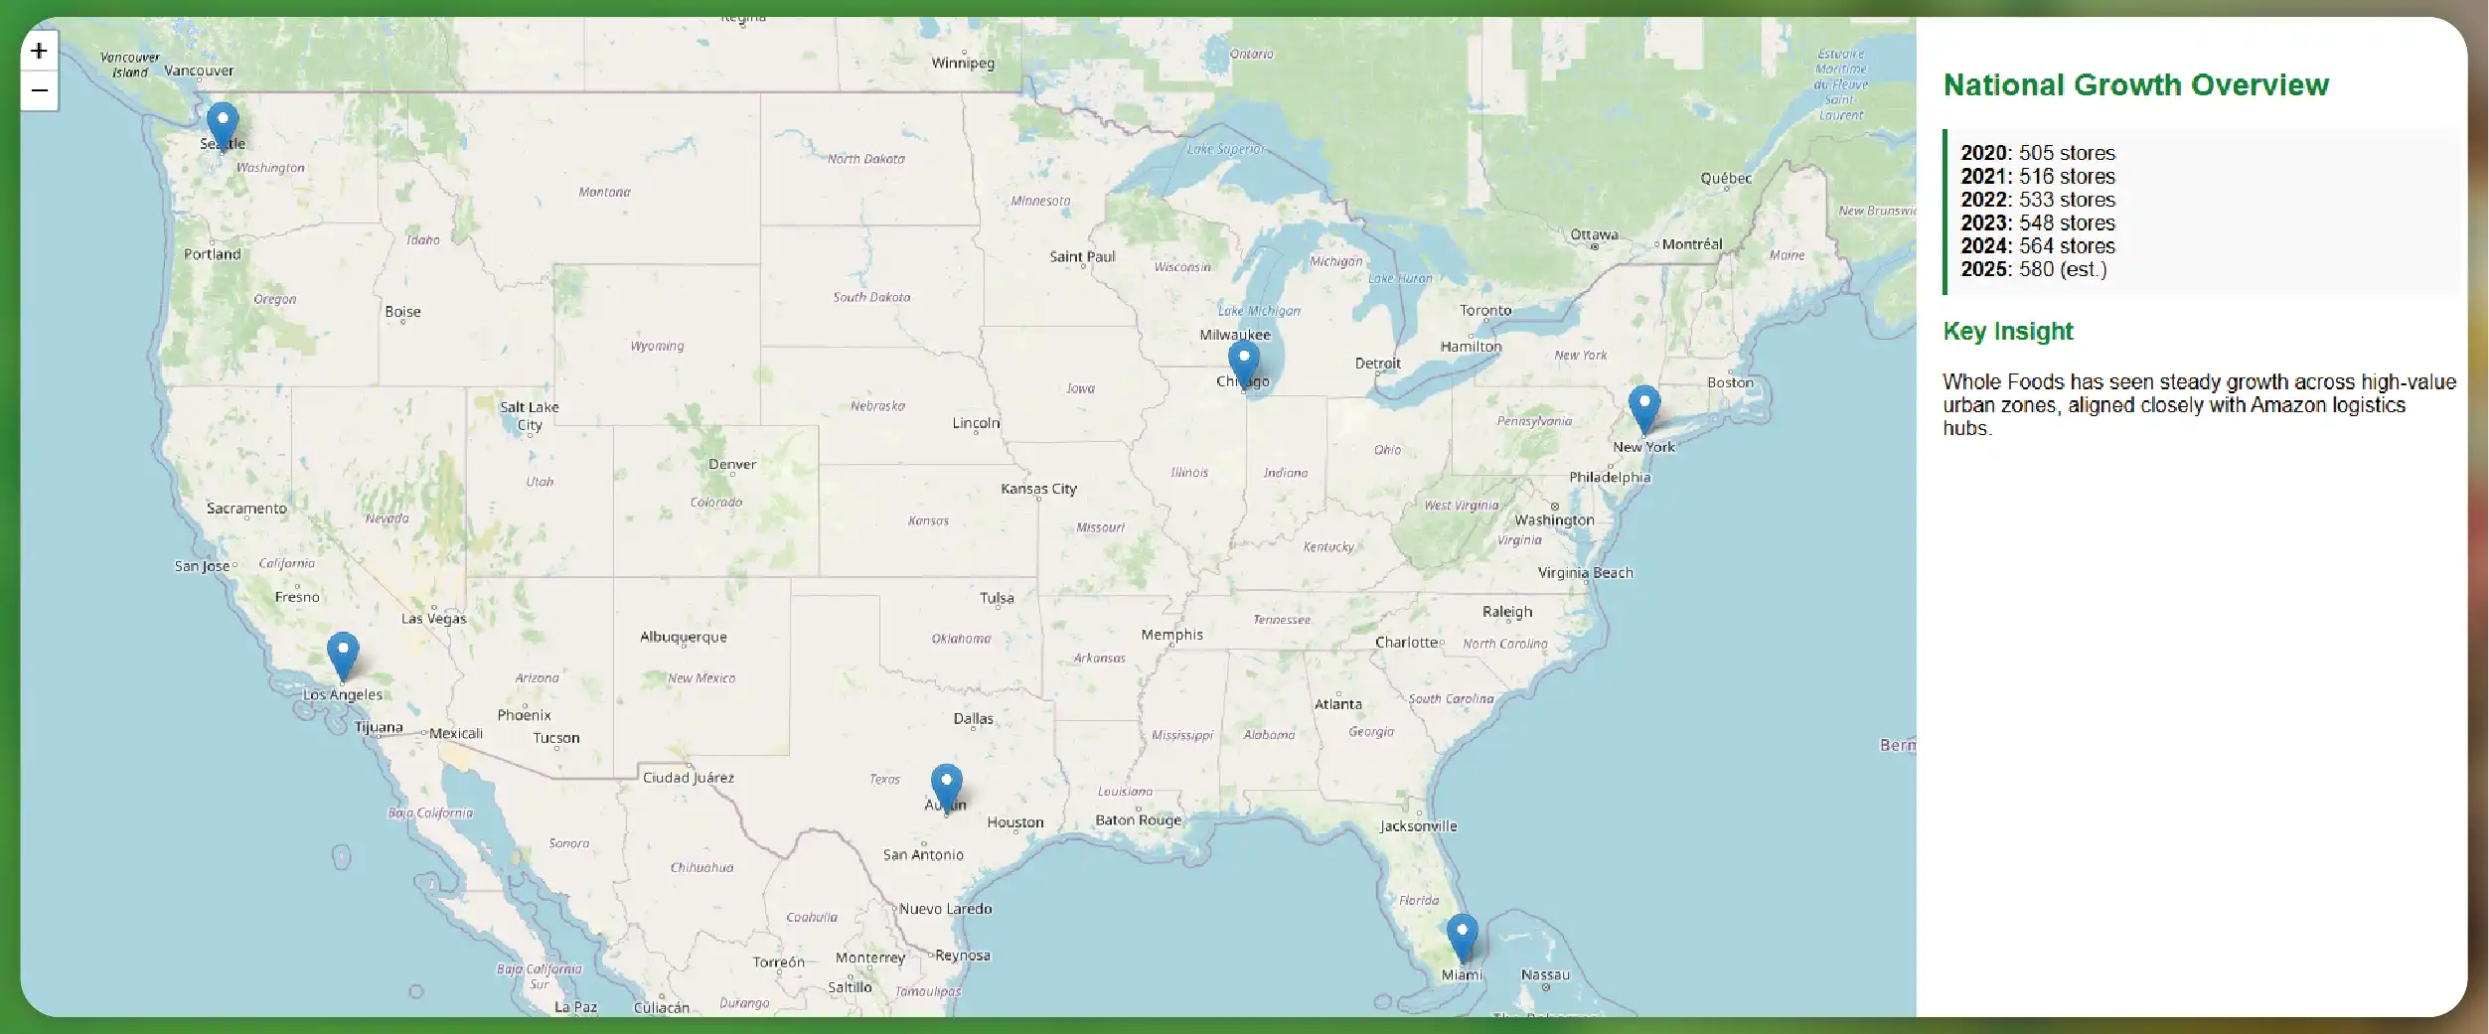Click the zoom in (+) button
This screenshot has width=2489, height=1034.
point(39,51)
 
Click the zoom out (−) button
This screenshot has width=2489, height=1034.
point(39,90)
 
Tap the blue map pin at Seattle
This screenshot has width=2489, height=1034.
point(223,125)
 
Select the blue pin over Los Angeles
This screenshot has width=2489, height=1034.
point(343,654)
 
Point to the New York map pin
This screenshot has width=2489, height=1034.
point(1644,407)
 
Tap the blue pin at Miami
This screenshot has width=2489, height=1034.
point(1462,936)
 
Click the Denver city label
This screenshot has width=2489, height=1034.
point(732,464)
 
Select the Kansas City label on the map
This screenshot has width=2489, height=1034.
point(1038,489)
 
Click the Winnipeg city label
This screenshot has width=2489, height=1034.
point(962,63)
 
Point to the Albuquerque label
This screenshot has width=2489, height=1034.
point(684,637)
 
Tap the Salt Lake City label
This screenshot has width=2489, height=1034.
point(530,415)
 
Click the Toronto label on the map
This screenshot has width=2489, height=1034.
point(1485,310)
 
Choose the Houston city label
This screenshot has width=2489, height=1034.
point(1014,822)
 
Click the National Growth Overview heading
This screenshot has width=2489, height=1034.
point(2135,85)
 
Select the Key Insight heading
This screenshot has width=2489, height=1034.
point(2008,332)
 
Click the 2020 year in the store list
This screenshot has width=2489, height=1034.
point(1984,153)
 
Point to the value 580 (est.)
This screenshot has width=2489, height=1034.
point(2062,269)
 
